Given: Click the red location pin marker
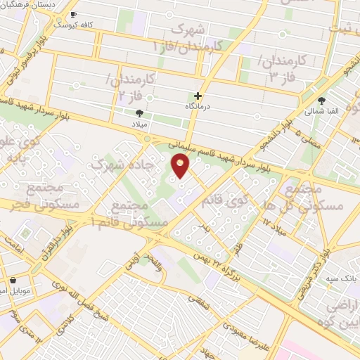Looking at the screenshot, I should (181, 167).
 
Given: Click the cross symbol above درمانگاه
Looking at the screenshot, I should (198, 96).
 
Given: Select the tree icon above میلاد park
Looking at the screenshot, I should (139, 112).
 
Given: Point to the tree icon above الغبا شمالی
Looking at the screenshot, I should (322, 101).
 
